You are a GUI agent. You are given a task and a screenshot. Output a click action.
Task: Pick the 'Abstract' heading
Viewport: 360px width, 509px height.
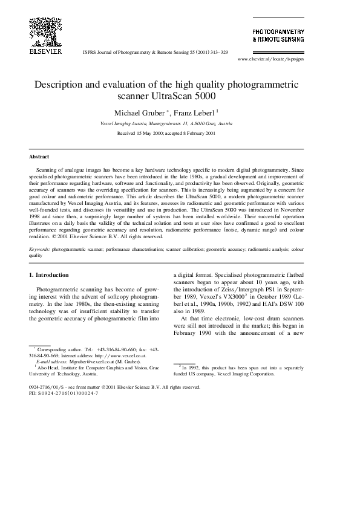[x=40, y=157]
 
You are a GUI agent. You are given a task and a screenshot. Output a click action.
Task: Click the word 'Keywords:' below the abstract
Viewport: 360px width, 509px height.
[x=40, y=248]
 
